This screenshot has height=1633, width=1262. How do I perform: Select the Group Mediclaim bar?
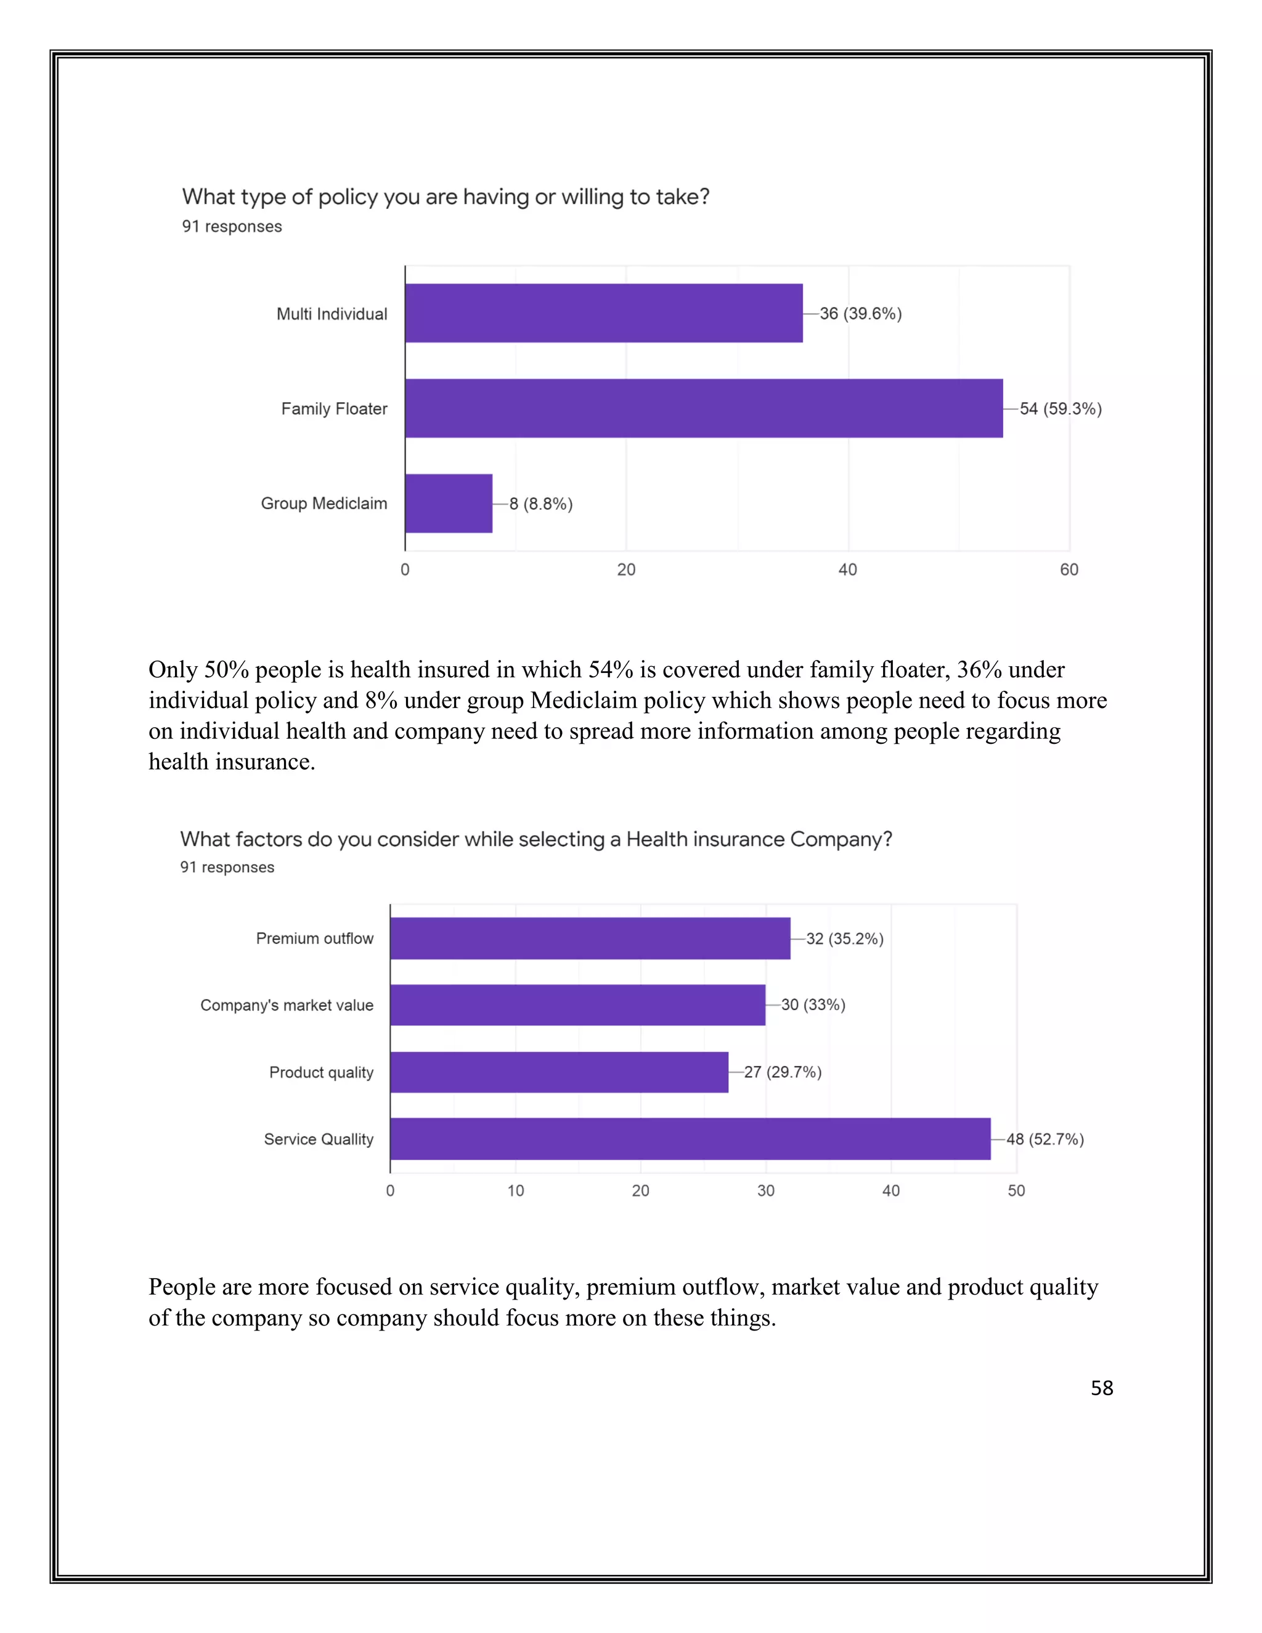[449, 503]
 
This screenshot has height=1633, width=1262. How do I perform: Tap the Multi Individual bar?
[603, 313]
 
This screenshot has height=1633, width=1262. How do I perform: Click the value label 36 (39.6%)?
[860, 313]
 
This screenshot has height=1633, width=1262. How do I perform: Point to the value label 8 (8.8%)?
[540, 504]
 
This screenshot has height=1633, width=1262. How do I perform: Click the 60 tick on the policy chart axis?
[1069, 570]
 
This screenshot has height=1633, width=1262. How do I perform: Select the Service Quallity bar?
[690, 1139]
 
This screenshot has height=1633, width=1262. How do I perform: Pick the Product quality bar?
[558, 1072]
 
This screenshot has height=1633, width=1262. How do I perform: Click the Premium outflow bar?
[590, 939]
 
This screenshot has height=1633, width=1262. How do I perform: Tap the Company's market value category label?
[287, 1005]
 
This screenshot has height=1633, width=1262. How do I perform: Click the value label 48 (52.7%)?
[1044, 1139]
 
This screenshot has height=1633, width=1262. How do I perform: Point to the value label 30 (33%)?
[813, 1005]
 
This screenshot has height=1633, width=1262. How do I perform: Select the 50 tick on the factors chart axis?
[1016, 1191]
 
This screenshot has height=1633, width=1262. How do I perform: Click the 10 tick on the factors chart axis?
[515, 1191]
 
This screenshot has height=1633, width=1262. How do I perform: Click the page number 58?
[1101, 1388]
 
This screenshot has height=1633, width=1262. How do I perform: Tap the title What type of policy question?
[446, 197]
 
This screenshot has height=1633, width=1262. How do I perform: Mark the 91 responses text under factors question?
[227, 868]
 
